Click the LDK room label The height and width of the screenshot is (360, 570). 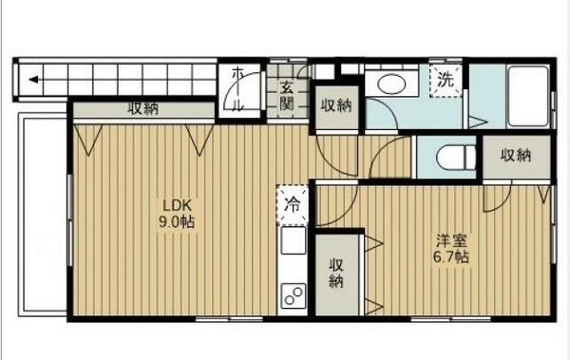point(177,204)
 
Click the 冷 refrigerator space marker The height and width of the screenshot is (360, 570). point(294,203)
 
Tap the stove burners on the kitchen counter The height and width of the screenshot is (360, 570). point(294,295)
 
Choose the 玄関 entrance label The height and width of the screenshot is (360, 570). point(287,95)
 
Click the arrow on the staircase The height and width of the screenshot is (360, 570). point(33,80)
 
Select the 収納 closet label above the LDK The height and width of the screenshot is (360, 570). point(143,109)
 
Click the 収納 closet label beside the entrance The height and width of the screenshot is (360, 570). point(336,104)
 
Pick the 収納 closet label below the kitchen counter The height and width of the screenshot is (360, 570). point(336,273)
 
